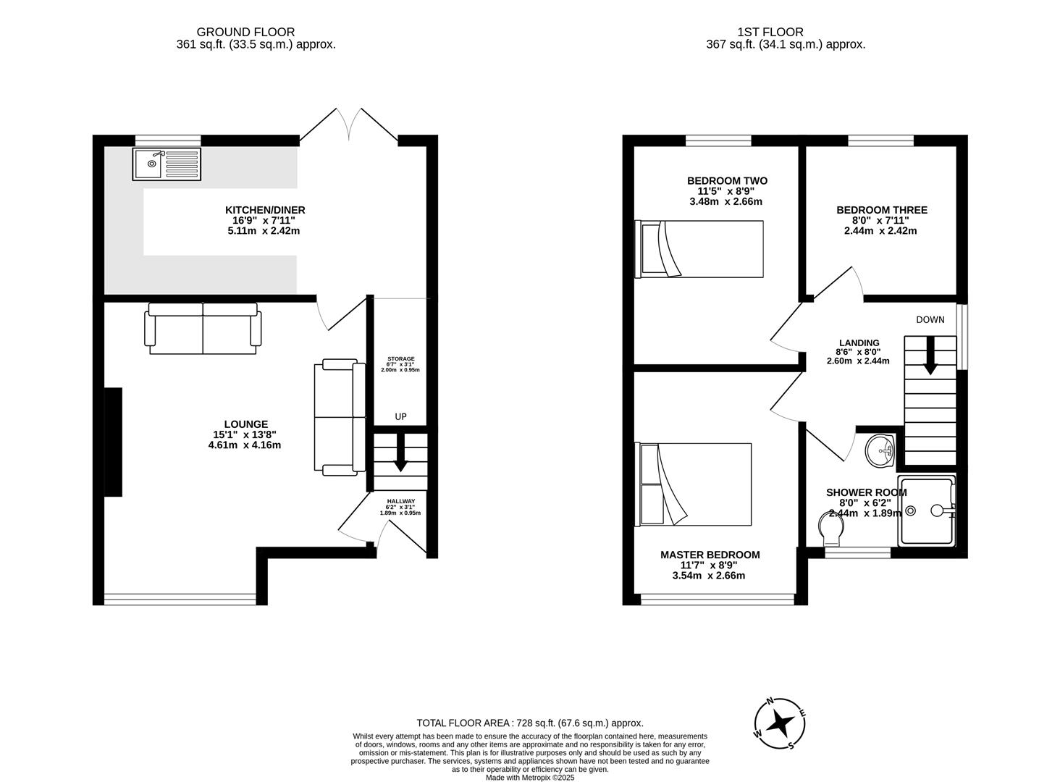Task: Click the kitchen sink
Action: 166,164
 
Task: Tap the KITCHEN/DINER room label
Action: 265,210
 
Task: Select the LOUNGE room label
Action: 245,424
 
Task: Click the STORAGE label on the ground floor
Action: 400,359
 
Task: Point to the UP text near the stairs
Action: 400,416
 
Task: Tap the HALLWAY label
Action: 400,501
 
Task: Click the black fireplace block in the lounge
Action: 113,442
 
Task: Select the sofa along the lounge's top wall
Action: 203,329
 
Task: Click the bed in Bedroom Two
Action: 699,249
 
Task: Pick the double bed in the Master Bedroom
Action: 693,484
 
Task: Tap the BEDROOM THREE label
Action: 881,210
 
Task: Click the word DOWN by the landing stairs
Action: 930,319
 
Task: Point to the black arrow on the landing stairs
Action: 930,358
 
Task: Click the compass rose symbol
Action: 780,723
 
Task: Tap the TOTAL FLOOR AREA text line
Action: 529,723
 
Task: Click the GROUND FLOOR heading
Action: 245,32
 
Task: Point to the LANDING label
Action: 859,343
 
